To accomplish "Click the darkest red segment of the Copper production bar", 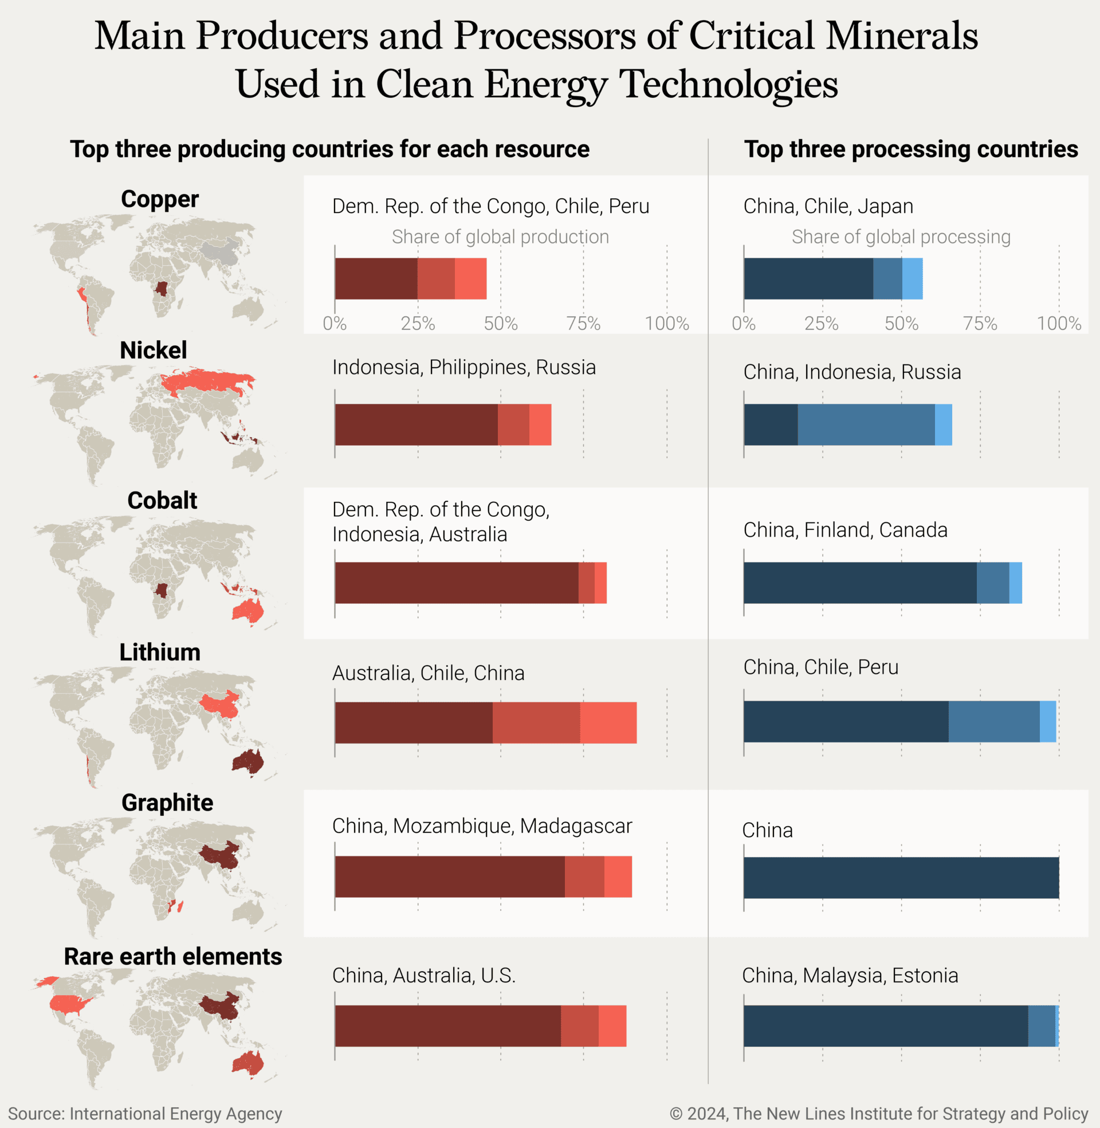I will (375, 278).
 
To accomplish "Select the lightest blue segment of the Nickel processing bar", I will (943, 425).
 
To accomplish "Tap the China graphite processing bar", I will (901, 877).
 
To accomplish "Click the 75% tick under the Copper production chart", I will (583, 324).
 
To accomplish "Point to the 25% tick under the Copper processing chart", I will (822, 324).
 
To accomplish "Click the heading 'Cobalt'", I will (162, 500).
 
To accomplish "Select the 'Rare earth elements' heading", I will (173, 956).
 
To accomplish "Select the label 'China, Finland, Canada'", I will (844, 530).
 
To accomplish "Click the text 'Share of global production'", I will (500, 237).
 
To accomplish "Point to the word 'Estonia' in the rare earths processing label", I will (924, 975).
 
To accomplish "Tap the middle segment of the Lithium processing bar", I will (993, 721).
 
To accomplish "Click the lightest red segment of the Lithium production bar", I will (608, 722).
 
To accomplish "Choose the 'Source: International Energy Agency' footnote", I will (144, 1113).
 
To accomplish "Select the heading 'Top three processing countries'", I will (910, 149).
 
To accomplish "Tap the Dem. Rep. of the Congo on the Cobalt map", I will (160, 591).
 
